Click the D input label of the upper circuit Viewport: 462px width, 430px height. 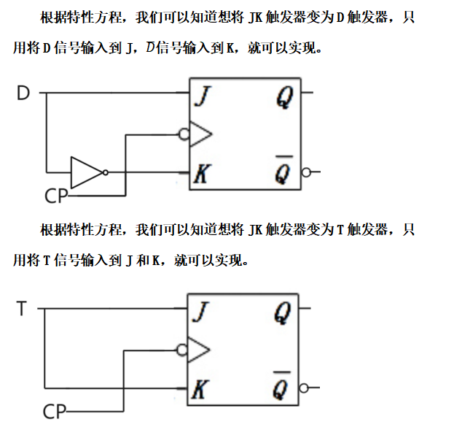pos(23,93)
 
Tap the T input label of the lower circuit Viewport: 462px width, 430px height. pos(22,309)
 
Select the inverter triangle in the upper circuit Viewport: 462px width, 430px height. pos(86,172)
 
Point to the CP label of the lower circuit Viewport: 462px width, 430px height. pos(54,412)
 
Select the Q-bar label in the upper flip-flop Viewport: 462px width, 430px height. pos(284,171)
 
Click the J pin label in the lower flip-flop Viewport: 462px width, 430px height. pos(200,314)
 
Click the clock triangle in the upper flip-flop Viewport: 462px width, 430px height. pos(200,134)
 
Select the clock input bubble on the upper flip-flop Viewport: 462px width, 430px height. pos(184,134)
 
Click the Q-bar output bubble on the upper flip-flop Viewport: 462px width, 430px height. pos(306,173)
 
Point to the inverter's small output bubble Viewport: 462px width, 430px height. pos(106,172)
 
